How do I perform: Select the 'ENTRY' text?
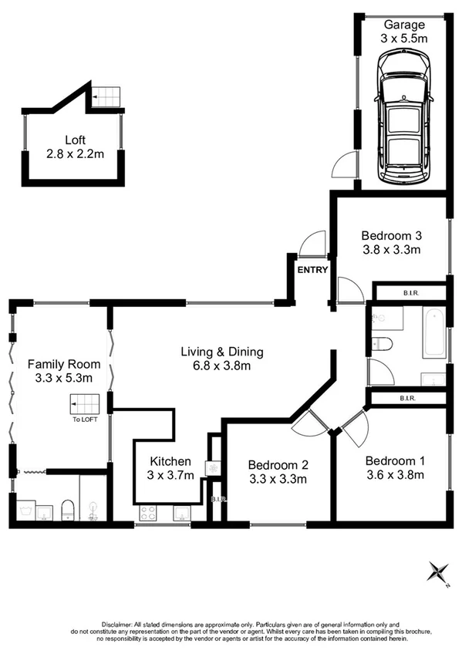[313, 270]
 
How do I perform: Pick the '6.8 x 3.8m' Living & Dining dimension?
[222, 367]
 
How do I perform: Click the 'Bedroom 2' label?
[278, 465]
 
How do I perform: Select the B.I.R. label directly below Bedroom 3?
[410, 293]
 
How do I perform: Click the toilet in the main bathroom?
[383, 344]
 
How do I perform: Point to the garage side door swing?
[343, 165]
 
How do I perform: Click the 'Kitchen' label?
[171, 461]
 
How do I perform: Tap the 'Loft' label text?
[75, 140]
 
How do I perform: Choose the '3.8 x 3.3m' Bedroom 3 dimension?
[391, 249]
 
